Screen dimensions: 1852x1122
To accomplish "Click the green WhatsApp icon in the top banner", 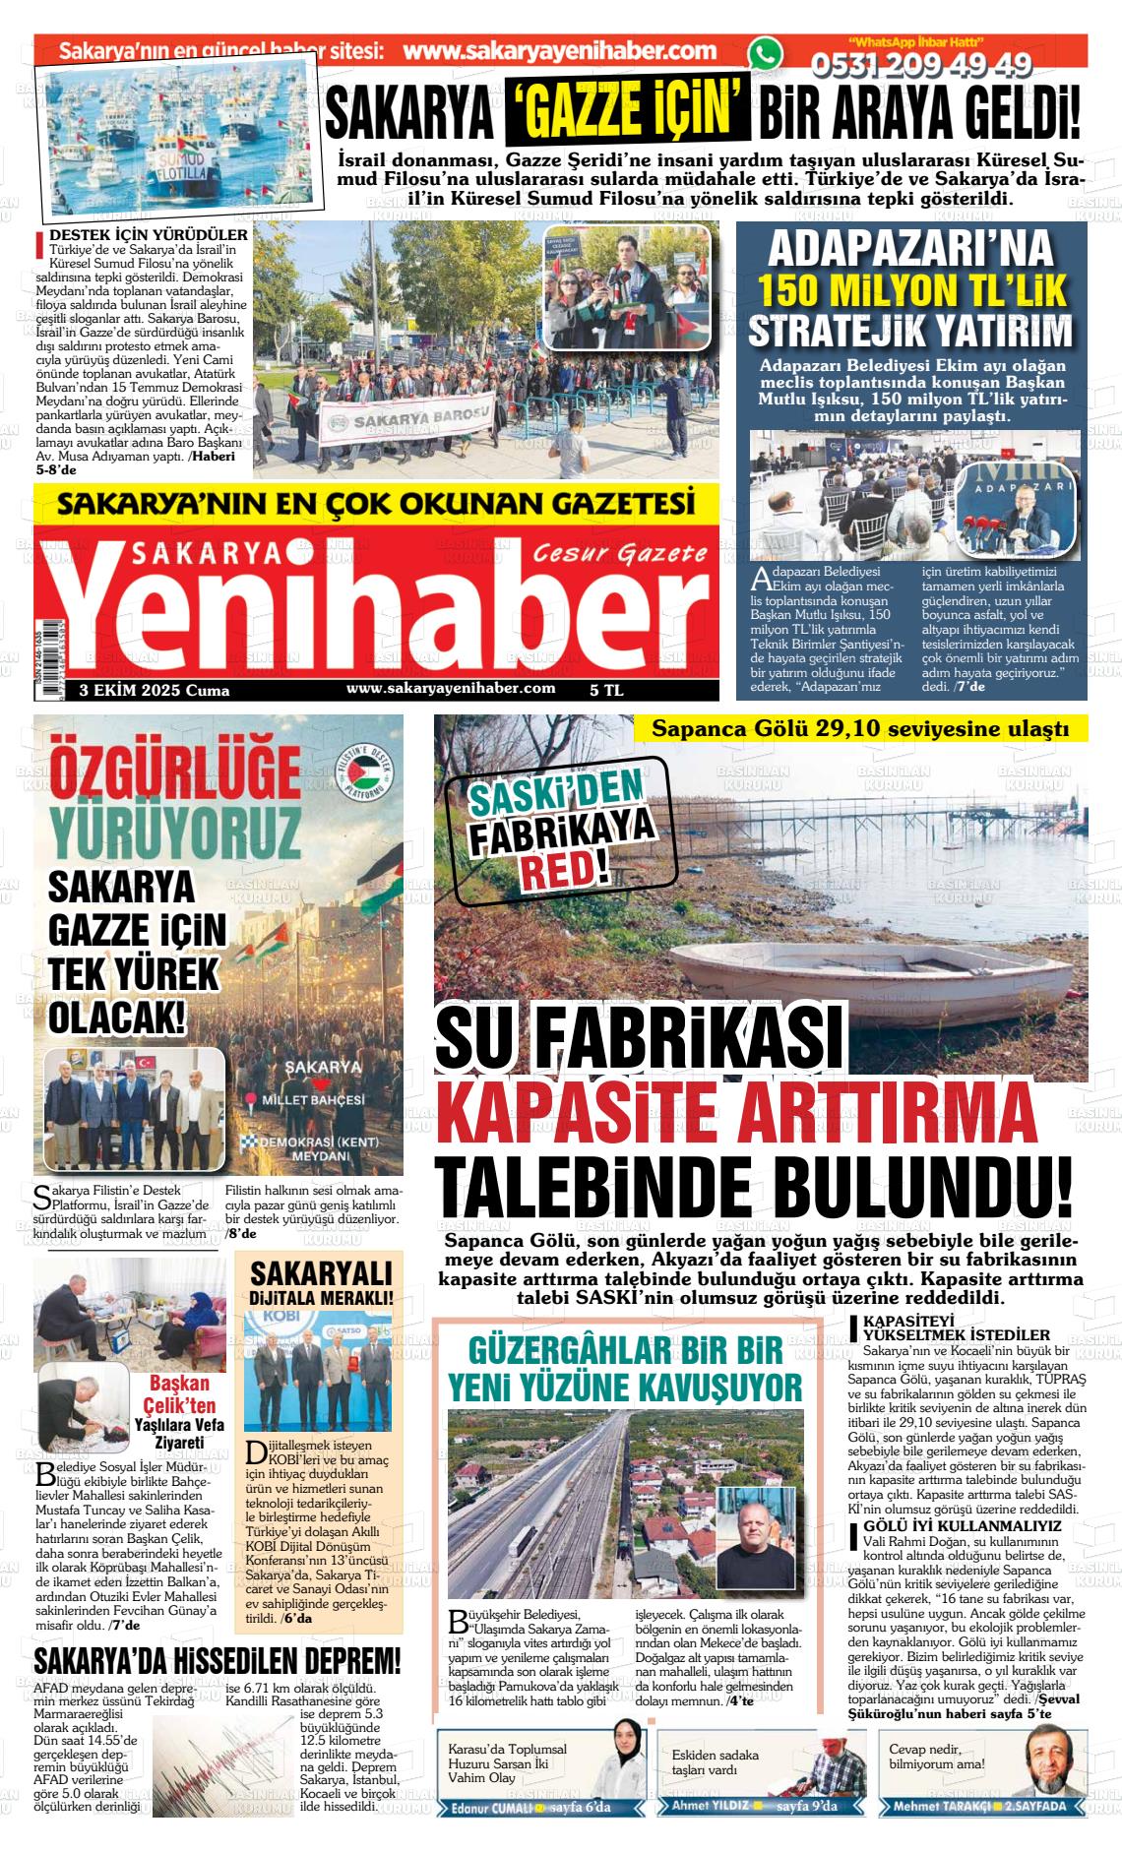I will click(x=765, y=54).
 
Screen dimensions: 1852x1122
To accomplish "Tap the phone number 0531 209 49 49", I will click(x=920, y=65).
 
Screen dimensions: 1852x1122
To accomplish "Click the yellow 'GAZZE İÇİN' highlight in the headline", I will click(x=627, y=113).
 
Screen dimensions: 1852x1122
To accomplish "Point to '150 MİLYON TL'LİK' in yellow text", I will click(x=911, y=290).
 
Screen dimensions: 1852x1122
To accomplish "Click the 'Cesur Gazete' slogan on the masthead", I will click(x=619, y=553).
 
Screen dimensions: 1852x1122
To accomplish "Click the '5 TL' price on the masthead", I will click(x=606, y=691).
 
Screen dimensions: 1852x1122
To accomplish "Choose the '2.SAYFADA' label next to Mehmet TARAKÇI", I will click(x=1034, y=1806).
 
